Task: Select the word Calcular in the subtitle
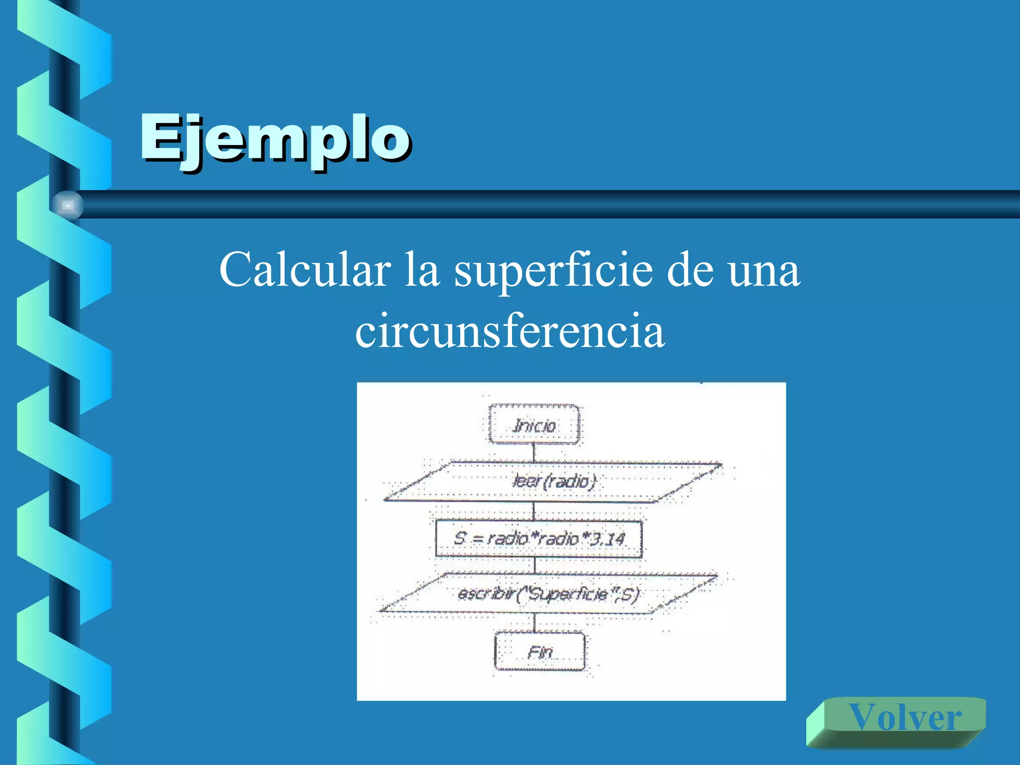click(x=305, y=270)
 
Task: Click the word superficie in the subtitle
click(x=553, y=271)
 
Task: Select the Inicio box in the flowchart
click(x=534, y=425)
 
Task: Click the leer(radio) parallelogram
click(x=553, y=481)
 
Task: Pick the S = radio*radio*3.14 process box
click(x=539, y=538)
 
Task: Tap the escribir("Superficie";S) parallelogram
click(x=548, y=594)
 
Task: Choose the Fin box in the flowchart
click(x=540, y=652)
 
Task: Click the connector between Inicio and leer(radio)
click(x=534, y=452)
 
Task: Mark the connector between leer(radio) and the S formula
click(x=534, y=511)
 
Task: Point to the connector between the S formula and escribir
click(x=535, y=565)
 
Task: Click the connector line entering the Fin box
click(x=535, y=623)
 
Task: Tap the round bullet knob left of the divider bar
click(x=67, y=205)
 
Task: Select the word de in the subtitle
click(x=690, y=271)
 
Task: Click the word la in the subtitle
click(x=421, y=270)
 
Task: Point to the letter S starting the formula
click(x=460, y=538)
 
